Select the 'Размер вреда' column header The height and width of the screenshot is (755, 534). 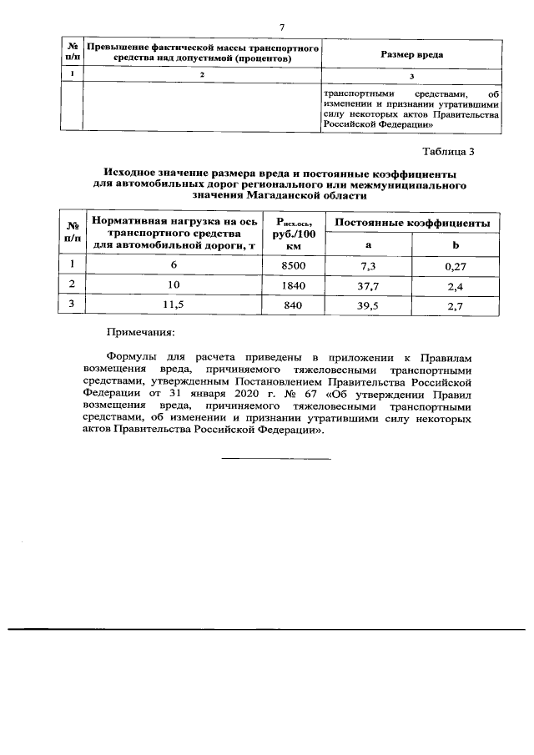point(411,54)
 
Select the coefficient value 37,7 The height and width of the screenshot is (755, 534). point(369,285)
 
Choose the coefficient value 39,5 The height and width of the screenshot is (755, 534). point(369,305)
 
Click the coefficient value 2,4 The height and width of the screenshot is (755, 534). point(456,285)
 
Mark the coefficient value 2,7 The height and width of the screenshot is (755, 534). point(456,305)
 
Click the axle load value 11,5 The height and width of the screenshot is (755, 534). point(174,305)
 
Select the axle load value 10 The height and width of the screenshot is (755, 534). point(174,285)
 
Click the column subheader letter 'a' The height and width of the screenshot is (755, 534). point(369,245)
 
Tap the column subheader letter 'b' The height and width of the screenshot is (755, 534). point(456,245)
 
